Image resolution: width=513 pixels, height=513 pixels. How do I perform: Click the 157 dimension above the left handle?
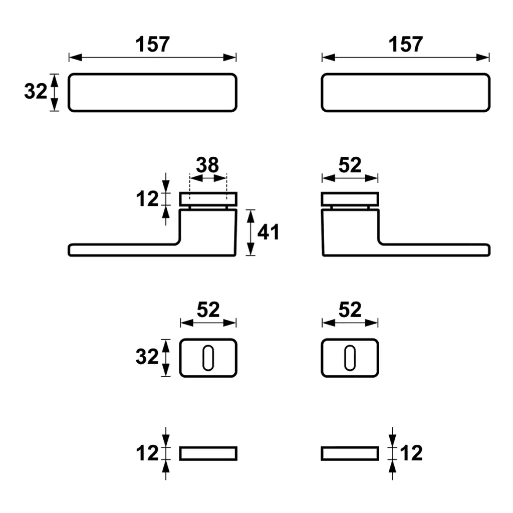pyautogui.click(x=152, y=45)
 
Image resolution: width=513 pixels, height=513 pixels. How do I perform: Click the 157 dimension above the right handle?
pyautogui.click(x=405, y=45)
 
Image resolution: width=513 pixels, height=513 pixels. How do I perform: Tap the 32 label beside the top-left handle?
pyautogui.click(x=36, y=92)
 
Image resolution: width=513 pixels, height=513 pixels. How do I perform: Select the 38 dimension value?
pyautogui.click(x=207, y=165)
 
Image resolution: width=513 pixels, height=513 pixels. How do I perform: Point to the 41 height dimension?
pyautogui.click(x=268, y=232)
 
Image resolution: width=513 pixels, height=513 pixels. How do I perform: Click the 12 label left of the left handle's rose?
pyautogui.click(x=147, y=199)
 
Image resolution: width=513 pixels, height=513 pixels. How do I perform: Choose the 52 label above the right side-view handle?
pyautogui.click(x=350, y=165)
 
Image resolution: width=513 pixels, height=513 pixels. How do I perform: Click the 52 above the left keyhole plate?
pyautogui.click(x=208, y=310)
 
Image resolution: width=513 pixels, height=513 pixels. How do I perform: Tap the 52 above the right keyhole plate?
pyautogui.click(x=350, y=310)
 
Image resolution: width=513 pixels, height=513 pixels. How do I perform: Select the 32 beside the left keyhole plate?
pyautogui.click(x=147, y=357)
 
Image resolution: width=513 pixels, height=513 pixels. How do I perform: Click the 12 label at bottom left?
pyautogui.click(x=147, y=453)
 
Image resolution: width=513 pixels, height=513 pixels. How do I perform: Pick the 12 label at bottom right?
pyautogui.click(x=411, y=453)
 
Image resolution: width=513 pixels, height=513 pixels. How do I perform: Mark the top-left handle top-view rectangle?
pyautogui.click(x=152, y=92)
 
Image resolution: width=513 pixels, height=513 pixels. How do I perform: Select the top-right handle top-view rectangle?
pyautogui.click(x=405, y=92)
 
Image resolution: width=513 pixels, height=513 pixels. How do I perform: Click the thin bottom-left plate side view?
pyautogui.click(x=208, y=453)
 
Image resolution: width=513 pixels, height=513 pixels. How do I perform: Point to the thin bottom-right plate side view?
pyautogui.click(x=350, y=453)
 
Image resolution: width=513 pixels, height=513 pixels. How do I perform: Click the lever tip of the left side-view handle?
pyautogui.click(x=73, y=250)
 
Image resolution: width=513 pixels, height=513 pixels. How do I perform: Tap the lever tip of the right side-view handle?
pyautogui.click(x=485, y=250)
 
